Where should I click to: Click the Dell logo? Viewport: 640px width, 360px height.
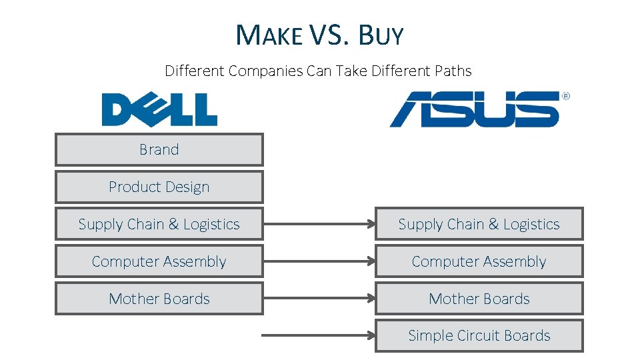click(x=159, y=109)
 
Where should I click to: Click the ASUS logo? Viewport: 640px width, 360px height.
click(x=474, y=109)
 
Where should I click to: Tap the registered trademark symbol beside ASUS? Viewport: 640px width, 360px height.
click(x=566, y=97)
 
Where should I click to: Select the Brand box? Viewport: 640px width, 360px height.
click(x=159, y=150)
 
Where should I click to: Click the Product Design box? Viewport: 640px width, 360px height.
click(x=159, y=187)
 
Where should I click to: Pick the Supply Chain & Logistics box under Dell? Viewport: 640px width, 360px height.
click(x=159, y=225)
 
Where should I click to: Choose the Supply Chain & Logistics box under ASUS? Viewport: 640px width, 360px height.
click(x=479, y=225)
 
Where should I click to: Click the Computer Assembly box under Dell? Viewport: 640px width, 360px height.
click(x=159, y=262)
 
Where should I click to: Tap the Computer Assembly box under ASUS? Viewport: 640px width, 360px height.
click(x=479, y=262)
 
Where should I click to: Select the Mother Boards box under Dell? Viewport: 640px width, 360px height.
click(x=159, y=299)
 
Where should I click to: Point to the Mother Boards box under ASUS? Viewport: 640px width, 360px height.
click(x=479, y=299)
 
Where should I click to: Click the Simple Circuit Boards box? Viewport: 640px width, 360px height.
click(x=479, y=336)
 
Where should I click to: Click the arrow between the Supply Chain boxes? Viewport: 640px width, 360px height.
click(x=319, y=225)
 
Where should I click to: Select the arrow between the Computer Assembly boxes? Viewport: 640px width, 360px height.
click(x=319, y=262)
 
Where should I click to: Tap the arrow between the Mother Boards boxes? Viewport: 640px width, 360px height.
click(x=319, y=299)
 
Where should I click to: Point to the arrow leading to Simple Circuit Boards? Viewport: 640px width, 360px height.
click(x=319, y=336)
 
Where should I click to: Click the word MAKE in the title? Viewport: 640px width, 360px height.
click(x=269, y=35)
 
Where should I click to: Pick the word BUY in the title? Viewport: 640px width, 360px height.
click(x=381, y=35)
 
